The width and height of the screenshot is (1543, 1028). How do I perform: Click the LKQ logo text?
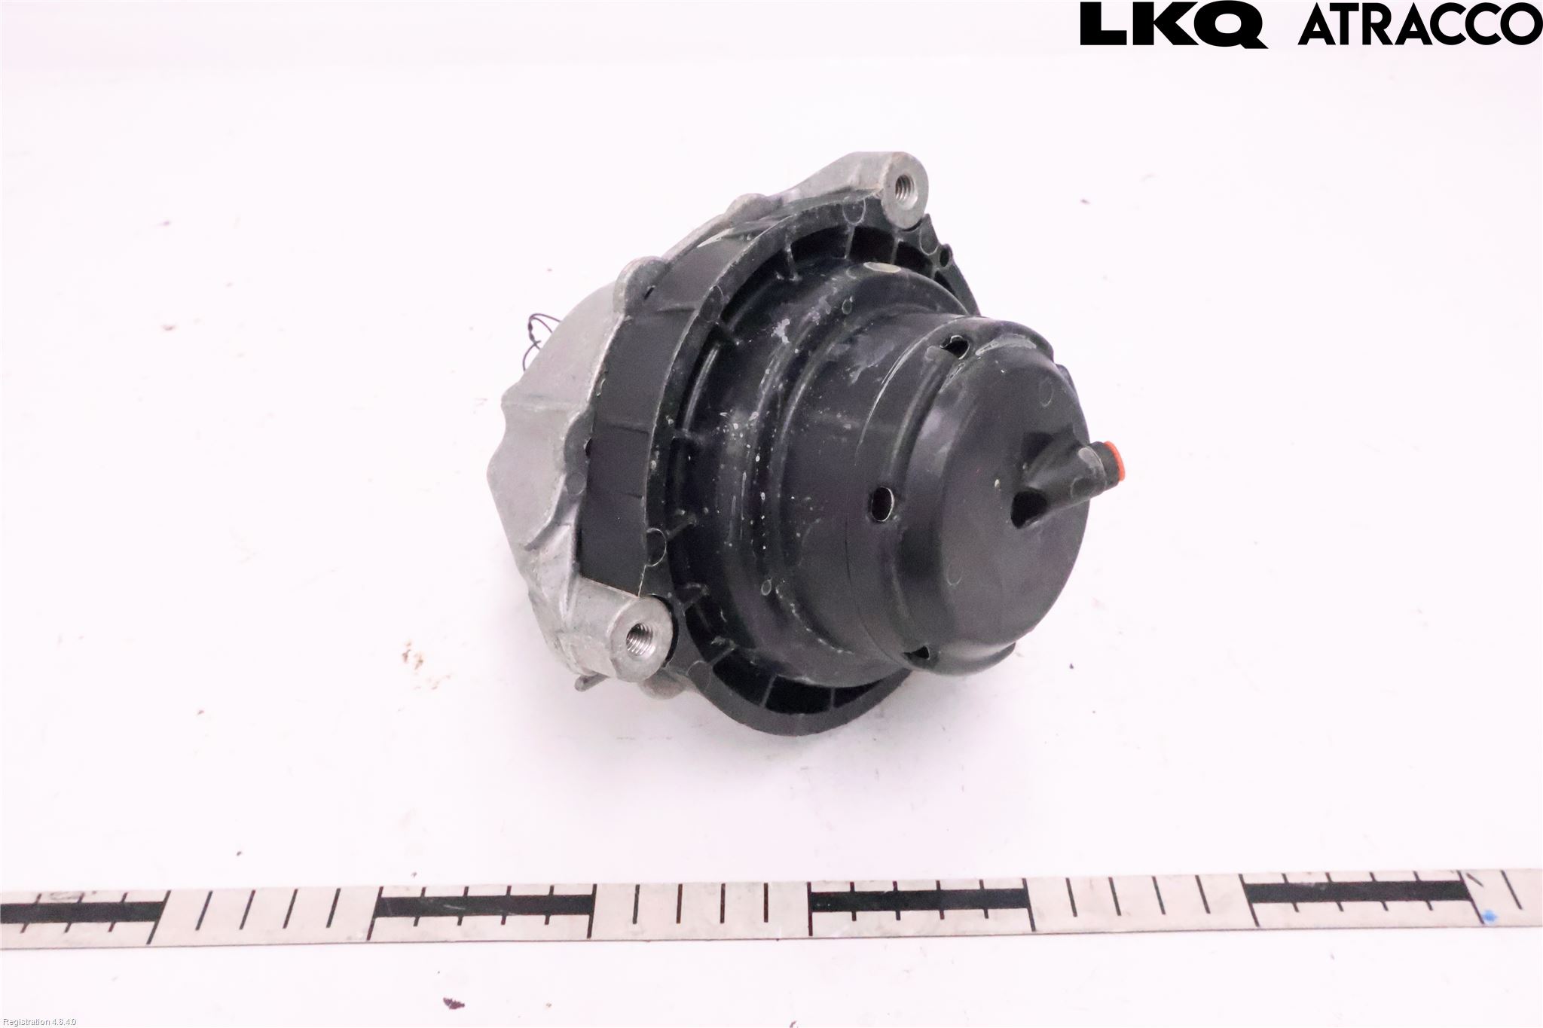[x=1172, y=26]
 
